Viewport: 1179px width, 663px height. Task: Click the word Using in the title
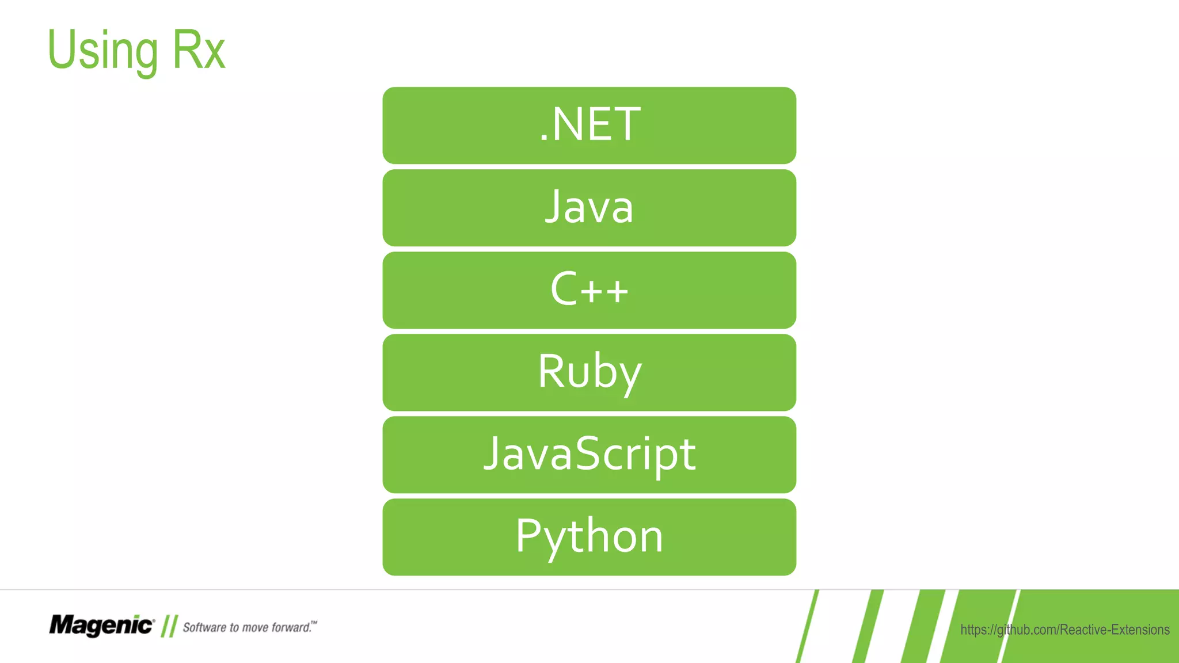click(x=102, y=51)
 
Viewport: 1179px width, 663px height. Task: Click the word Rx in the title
click(x=199, y=51)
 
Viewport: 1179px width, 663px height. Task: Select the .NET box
click(x=589, y=125)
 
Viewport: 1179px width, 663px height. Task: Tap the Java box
click(x=589, y=207)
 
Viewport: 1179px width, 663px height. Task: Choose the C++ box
click(x=589, y=289)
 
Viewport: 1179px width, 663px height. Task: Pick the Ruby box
click(x=589, y=372)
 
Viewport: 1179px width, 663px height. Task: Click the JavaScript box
click(x=589, y=454)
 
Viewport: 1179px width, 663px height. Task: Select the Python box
click(x=589, y=536)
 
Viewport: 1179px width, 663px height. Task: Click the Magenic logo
click(x=101, y=625)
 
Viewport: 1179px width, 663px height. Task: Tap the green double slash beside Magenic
click(x=169, y=626)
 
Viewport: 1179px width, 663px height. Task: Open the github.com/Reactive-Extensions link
click(x=1064, y=630)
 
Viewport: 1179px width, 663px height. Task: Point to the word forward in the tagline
click(x=291, y=627)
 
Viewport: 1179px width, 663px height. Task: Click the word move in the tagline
click(x=255, y=627)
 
